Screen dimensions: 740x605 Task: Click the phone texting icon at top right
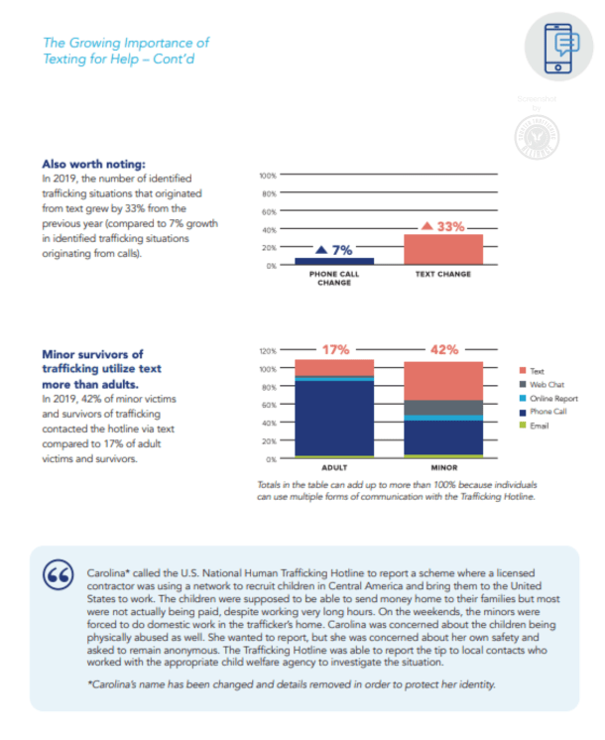(561, 50)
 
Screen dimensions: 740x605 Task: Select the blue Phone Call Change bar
(334, 261)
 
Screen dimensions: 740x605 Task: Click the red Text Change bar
(442, 249)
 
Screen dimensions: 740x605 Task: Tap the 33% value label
(443, 226)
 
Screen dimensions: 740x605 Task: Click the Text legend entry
(538, 370)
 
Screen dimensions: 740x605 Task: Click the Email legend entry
(541, 426)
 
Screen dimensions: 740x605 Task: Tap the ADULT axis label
(334, 467)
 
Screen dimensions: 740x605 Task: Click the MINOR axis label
(443, 467)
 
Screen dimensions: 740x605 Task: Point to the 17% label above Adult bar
(334, 349)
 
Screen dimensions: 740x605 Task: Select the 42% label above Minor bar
(443, 349)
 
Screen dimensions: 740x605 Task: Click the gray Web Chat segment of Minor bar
(443, 408)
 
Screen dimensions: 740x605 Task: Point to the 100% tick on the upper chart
(267, 176)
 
